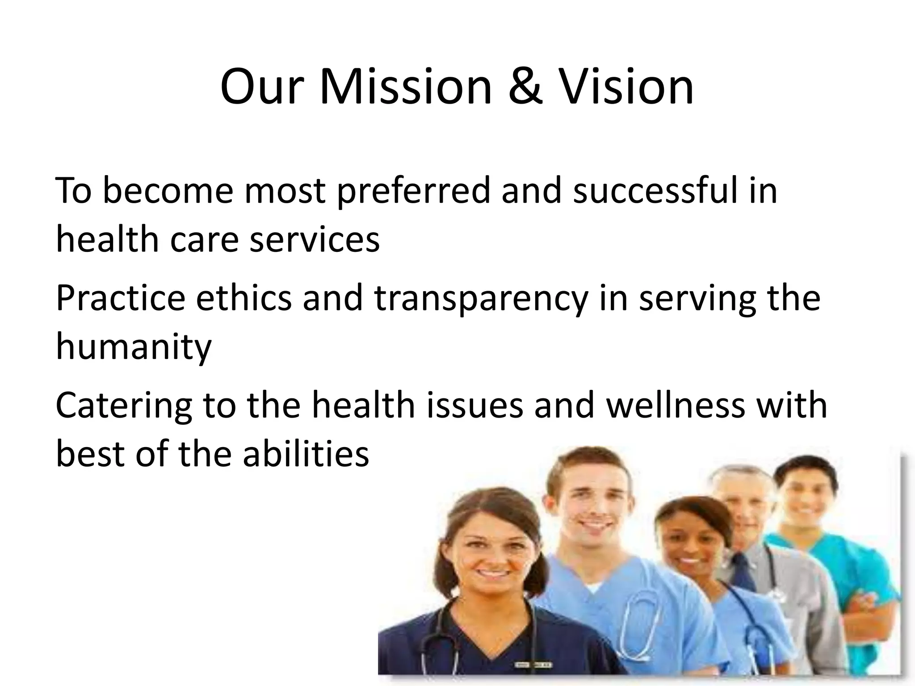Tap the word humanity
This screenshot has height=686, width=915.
tap(134, 348)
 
